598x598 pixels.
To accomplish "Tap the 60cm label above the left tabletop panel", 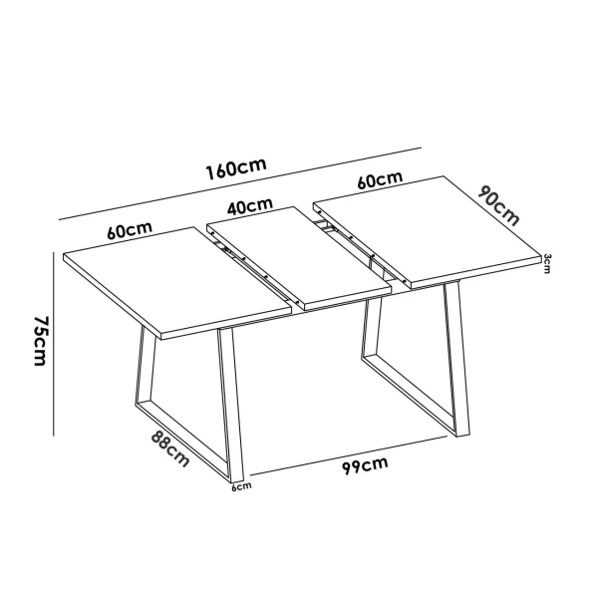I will (130, 230).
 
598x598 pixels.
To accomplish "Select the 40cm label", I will (249, 205).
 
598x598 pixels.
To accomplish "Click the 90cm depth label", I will (499, 203).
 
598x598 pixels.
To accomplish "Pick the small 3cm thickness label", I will (547, 263).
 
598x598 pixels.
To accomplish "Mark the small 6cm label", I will (241, 487).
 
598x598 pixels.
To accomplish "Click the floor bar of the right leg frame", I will (409, 399).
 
